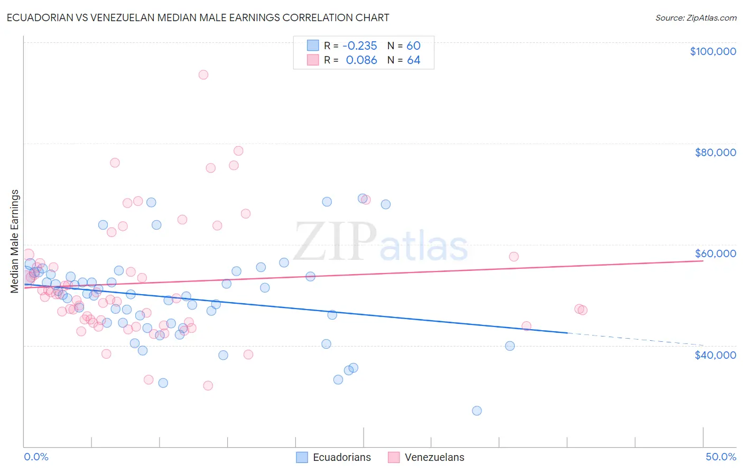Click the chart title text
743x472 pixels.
point(198,17)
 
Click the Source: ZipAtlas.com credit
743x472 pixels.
point(695,17)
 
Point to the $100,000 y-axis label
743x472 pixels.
point(712,51)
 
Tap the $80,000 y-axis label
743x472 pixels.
point(715,152)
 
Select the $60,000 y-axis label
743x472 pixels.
point(715,253)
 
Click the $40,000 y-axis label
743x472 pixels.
point(715,355)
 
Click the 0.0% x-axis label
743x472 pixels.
point(36,457)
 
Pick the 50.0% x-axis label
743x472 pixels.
point(720,457)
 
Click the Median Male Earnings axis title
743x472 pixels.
point(15,241)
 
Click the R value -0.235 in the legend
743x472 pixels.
point(360,46)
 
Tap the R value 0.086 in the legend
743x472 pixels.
point(361,60)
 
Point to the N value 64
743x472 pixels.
point(413,60)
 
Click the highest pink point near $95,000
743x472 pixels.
point(203,75)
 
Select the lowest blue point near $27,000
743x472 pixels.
point(477,411)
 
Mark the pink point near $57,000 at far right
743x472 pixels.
point(514,257)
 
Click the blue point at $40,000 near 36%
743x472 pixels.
point(510,346)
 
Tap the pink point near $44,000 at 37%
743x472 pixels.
point(526,326)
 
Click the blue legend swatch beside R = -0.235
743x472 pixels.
point(313,46)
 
